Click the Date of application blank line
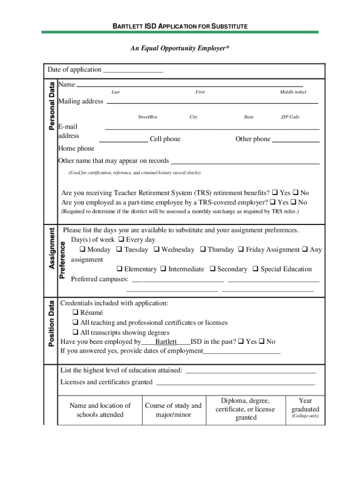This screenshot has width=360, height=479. pos(133,71)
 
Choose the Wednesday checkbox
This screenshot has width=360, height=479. pos(157,250)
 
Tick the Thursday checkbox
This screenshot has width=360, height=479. pos(203,250)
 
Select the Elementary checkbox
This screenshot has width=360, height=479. pos(119,269)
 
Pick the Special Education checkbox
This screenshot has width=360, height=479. pos(255,269)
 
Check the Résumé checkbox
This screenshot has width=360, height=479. pos(75,312)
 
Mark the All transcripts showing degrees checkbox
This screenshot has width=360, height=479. pos(75,333)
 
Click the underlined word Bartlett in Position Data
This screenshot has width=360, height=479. pos(166,342)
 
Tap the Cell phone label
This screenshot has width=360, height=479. pos(165,139)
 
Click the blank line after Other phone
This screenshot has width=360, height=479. pos(295,140)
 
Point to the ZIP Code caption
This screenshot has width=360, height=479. pos(289,117)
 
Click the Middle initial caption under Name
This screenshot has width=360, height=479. pos(293,92)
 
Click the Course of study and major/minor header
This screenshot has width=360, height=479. pos(173,410)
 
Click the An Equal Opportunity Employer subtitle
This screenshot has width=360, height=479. pos(180,48)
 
